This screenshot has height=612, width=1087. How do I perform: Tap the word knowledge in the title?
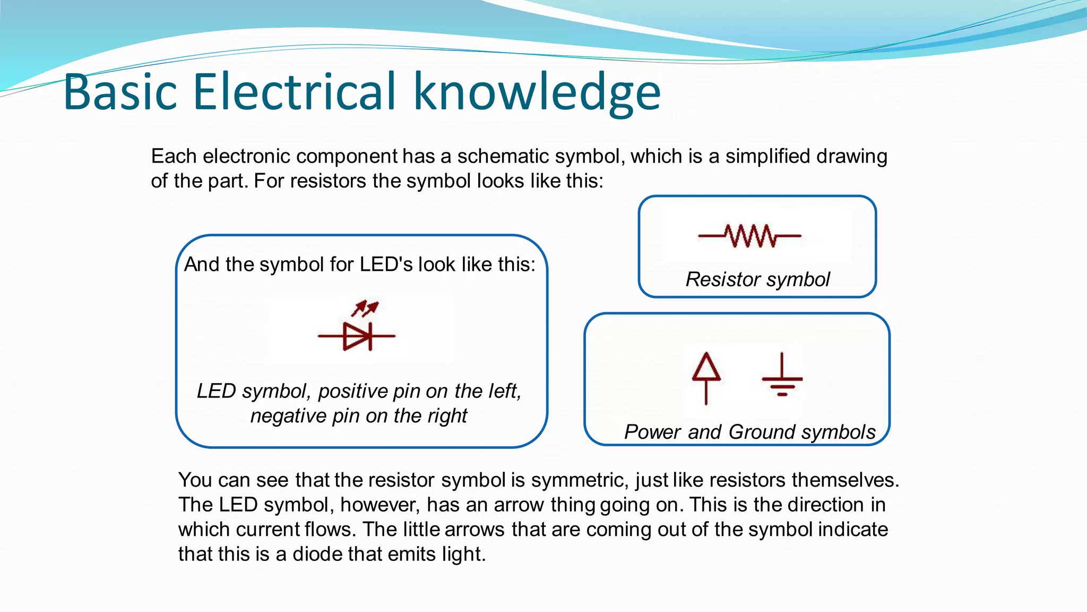click(537, 93)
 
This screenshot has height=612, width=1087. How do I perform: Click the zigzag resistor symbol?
click(749, 236)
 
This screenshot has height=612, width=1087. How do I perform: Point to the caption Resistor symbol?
click(757, 279)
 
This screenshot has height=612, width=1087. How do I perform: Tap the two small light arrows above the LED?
click(365, 308)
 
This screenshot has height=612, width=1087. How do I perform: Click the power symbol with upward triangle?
click(706, 377)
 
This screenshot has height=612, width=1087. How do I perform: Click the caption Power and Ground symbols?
click(749, 432)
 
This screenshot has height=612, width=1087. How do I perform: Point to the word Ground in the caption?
click(762, 432)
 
